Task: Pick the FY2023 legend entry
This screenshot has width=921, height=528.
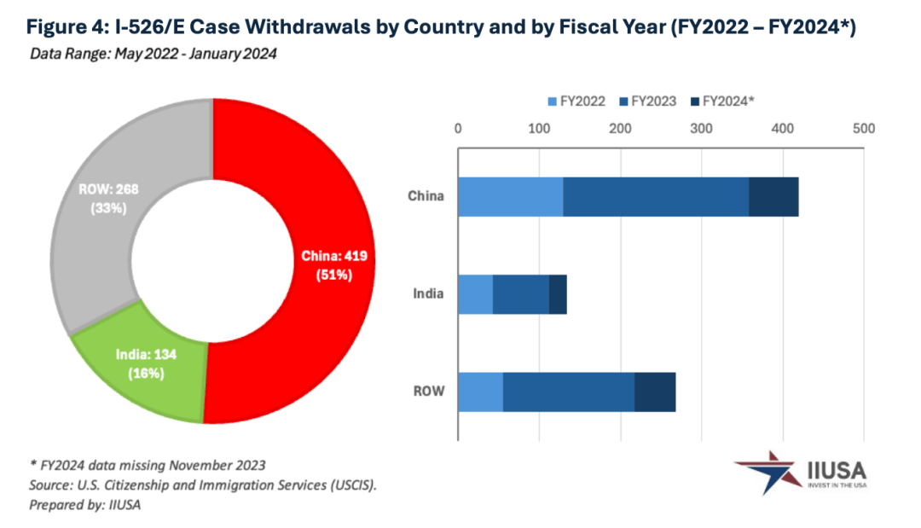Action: pyautogui.click(x=647, y=101)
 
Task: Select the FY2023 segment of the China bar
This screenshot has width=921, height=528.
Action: pyautogui.click(x=655, y=197)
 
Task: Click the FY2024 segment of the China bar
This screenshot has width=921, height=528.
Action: pyautogui.click(x=773, y=197)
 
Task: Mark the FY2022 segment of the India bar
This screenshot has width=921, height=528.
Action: pyautogui.click(x=475, y=294)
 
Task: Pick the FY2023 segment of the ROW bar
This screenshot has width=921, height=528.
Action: pyautogui.click(x=569, y=392)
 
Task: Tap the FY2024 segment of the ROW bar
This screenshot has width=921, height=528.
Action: pyautogui.click(x=655, y=392)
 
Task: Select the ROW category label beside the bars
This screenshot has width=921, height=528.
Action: pyautogui.click(x=429, y=392)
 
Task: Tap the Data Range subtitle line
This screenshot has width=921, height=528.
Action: pyautogui.click(x=153, y=54)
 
